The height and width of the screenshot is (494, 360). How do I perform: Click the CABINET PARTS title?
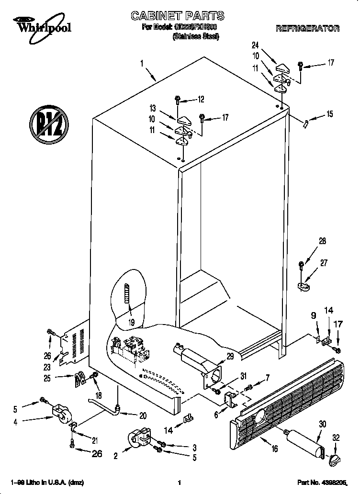(x=178, y=17)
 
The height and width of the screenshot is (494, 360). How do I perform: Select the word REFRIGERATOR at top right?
(x=307, y=29)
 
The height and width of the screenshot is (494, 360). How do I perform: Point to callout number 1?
(x=142, y=63)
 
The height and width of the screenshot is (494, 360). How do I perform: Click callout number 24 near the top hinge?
(x=255, y=45)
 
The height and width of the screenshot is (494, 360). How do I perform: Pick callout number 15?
(x=329, y=114)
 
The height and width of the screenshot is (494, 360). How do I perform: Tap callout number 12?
(x=201, y=100)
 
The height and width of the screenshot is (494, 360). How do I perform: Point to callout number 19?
(x=131, y=323)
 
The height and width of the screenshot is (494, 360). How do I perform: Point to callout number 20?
(x=142, y=415)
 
